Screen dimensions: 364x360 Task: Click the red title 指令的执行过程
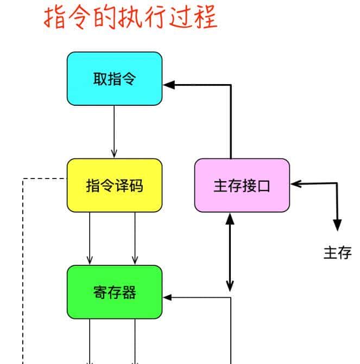click(130, 17)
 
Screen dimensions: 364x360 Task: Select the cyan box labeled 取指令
click(115, 79)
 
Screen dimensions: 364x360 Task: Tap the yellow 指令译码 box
click(115, 185)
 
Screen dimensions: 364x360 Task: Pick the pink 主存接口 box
click(242, 185)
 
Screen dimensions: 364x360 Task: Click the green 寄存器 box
click(115, 292)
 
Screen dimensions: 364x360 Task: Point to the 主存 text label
click(337, 253)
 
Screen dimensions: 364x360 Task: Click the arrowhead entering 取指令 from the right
click(168, 85)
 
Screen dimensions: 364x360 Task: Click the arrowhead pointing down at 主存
click(337, 225)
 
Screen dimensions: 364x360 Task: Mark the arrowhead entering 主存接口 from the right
click(296, 184)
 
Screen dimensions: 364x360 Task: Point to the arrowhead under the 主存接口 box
click(230, 218)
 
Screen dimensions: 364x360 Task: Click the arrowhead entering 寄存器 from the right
click(168, 297)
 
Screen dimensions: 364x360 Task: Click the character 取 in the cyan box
click(100, 79)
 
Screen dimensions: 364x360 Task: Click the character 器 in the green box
click(129, 292)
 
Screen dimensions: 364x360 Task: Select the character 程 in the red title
click(206, 17)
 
